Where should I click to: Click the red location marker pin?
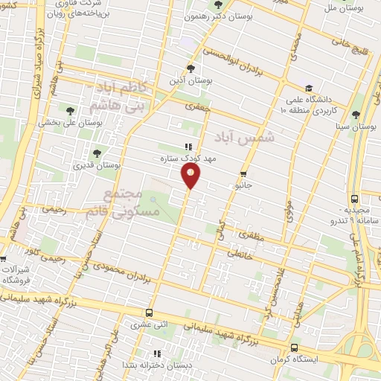tap(191, 175)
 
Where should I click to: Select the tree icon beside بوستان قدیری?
tap(97, 154)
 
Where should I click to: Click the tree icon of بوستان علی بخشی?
tap(74, 112)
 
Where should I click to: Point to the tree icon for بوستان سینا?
tap(356, 114)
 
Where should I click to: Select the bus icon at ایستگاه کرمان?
tap(296, 348)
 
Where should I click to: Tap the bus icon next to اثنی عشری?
tap(150, 313)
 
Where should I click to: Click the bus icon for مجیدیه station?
tap(354, 199)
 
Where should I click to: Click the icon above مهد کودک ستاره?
tap(188, 147)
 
